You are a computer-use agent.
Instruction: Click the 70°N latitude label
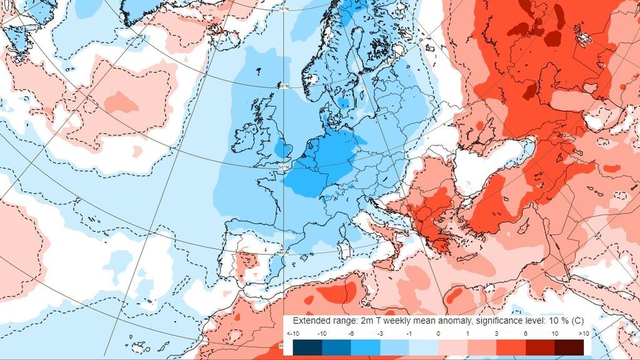click(283, 9)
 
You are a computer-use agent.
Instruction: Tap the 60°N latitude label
click(283, 86)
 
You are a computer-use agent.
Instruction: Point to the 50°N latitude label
click(284, 167)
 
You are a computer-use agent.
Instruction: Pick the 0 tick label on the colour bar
click(437, 334)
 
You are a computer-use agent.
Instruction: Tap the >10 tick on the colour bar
click(584, 334)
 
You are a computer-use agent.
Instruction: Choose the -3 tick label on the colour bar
click(379, 334)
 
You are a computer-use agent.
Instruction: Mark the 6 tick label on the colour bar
click(525, 334)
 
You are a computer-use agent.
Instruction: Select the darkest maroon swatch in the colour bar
click(569, 347)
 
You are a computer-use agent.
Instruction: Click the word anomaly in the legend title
click(434, 321)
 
